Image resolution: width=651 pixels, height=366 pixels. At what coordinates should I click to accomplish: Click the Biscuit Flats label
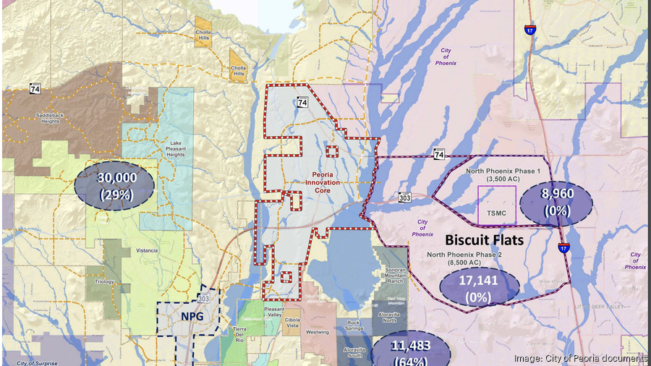coord(484,239)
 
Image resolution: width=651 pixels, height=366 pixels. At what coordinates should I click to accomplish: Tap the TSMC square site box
coord(497,205)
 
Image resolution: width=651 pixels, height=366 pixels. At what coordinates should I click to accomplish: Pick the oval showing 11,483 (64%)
coord(410,352)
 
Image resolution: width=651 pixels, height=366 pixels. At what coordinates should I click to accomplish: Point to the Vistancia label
coord(146,250)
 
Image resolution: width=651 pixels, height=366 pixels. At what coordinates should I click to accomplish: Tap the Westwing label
coord(317,332)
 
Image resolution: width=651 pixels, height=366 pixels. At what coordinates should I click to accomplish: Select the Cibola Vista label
coord(292,323)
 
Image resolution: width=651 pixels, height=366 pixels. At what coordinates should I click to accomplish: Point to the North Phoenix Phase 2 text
coord(463,258)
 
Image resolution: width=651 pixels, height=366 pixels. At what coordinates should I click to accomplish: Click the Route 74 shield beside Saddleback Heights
coord(35,88)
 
